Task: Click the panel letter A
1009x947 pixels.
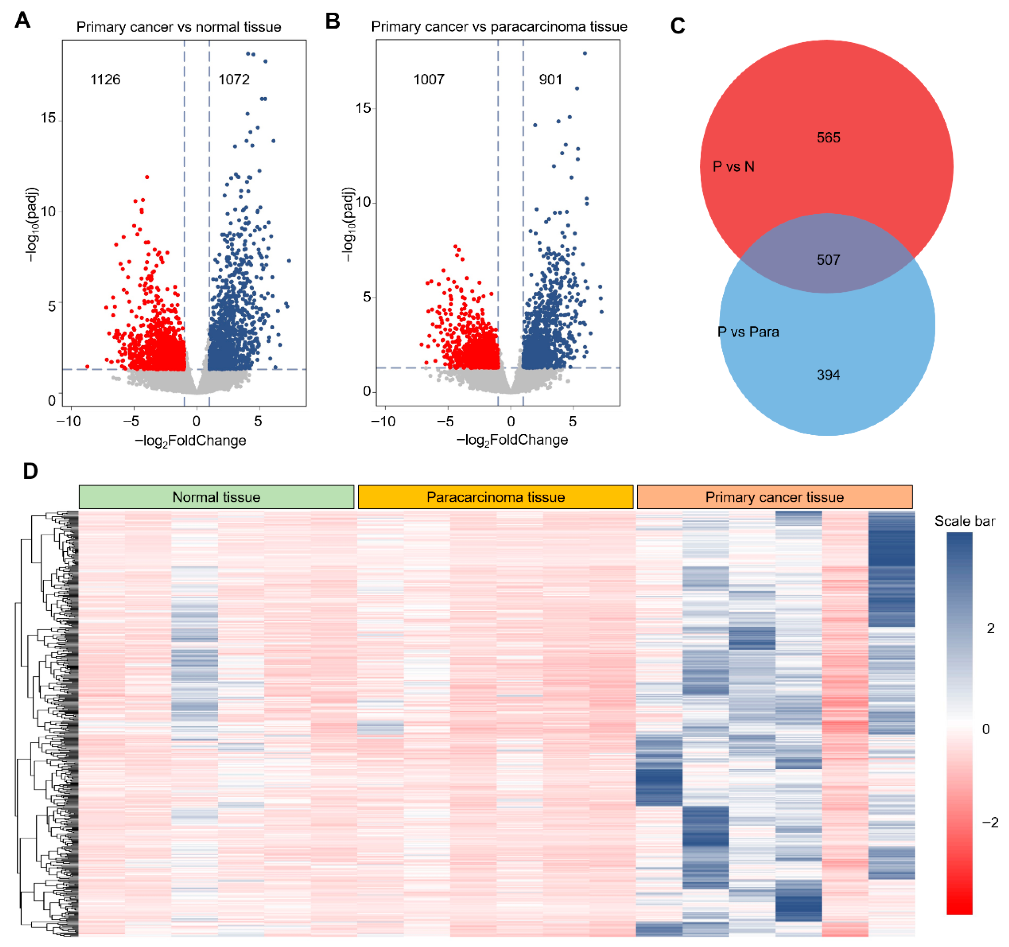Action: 22,21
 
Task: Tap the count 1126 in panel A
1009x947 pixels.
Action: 105,80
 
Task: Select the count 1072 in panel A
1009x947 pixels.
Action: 234,80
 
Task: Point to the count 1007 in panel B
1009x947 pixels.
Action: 429,80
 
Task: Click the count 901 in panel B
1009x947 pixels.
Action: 551,80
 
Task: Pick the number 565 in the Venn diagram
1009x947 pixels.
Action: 828,138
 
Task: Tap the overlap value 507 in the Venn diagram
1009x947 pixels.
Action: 828,260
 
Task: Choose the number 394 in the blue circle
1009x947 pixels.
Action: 828,375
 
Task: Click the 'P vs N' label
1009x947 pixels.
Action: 733,166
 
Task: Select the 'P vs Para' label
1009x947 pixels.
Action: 748,332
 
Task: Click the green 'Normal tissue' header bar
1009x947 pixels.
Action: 216,497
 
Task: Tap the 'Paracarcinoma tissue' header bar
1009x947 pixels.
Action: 495,497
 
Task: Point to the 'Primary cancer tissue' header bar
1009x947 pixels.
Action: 775,497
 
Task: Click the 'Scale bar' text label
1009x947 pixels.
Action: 964,521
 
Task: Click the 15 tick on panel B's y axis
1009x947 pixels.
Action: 363,108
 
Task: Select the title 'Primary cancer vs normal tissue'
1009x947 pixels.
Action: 179,27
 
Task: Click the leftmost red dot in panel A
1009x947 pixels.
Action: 87,367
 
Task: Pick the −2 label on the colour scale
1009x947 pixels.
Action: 990,823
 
